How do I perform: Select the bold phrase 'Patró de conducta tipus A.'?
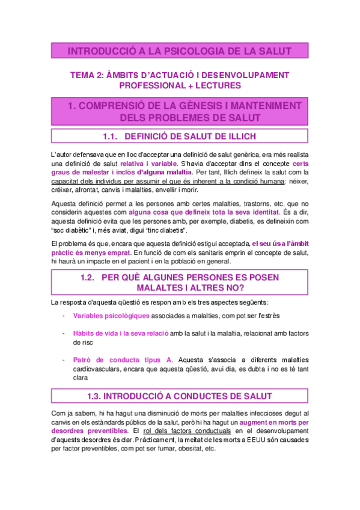[123, 359]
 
